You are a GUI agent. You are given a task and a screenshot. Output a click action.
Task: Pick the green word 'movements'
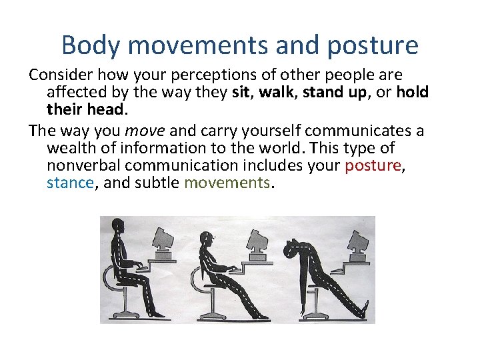tap(227, 183)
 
